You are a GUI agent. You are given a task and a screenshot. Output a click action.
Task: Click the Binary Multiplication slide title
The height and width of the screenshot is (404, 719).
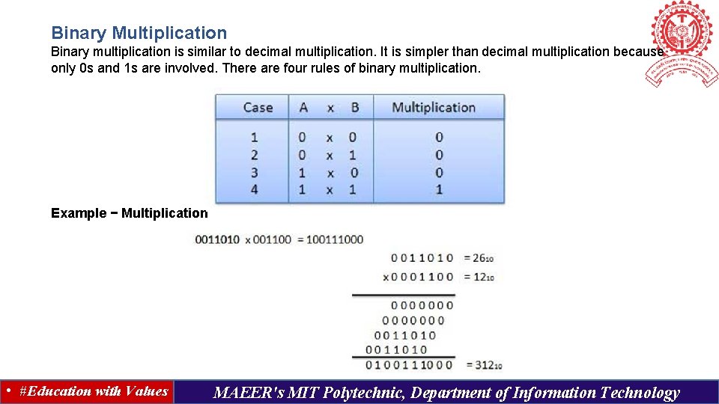[x=139, y=33]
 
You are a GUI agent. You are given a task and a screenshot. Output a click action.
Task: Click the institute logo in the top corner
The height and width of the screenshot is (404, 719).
[x=682, y=41]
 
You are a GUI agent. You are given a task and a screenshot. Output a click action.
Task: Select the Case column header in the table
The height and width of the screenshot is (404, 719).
[x=258, y=107]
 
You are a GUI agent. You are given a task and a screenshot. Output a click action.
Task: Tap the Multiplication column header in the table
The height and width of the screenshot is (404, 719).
[x=434, y=107]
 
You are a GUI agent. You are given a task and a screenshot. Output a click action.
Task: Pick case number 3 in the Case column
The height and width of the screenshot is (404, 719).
[x=254, y=173]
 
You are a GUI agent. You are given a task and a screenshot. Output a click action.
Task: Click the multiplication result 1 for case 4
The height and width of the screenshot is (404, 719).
[x=439, y=190]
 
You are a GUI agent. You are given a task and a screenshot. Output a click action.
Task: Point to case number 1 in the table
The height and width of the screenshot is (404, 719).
[x=254, y=138]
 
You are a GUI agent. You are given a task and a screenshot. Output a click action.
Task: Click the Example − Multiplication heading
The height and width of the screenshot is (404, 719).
[x=129, y=213]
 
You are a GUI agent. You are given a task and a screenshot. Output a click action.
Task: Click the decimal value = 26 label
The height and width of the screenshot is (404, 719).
[x=479, y=258]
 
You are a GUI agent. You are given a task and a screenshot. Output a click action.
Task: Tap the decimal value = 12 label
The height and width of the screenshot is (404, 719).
[x=479, y=277]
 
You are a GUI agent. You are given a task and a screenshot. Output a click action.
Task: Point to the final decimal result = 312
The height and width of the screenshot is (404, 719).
[x=483, y=365]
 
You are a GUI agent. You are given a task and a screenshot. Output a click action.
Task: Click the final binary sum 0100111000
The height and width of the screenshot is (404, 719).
[x=409, y=365]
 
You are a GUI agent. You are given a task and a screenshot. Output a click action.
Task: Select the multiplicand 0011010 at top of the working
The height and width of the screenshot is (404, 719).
[x=422, y=258]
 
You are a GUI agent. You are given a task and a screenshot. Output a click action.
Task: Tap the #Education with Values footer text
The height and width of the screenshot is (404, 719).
[x=94, y=391]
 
